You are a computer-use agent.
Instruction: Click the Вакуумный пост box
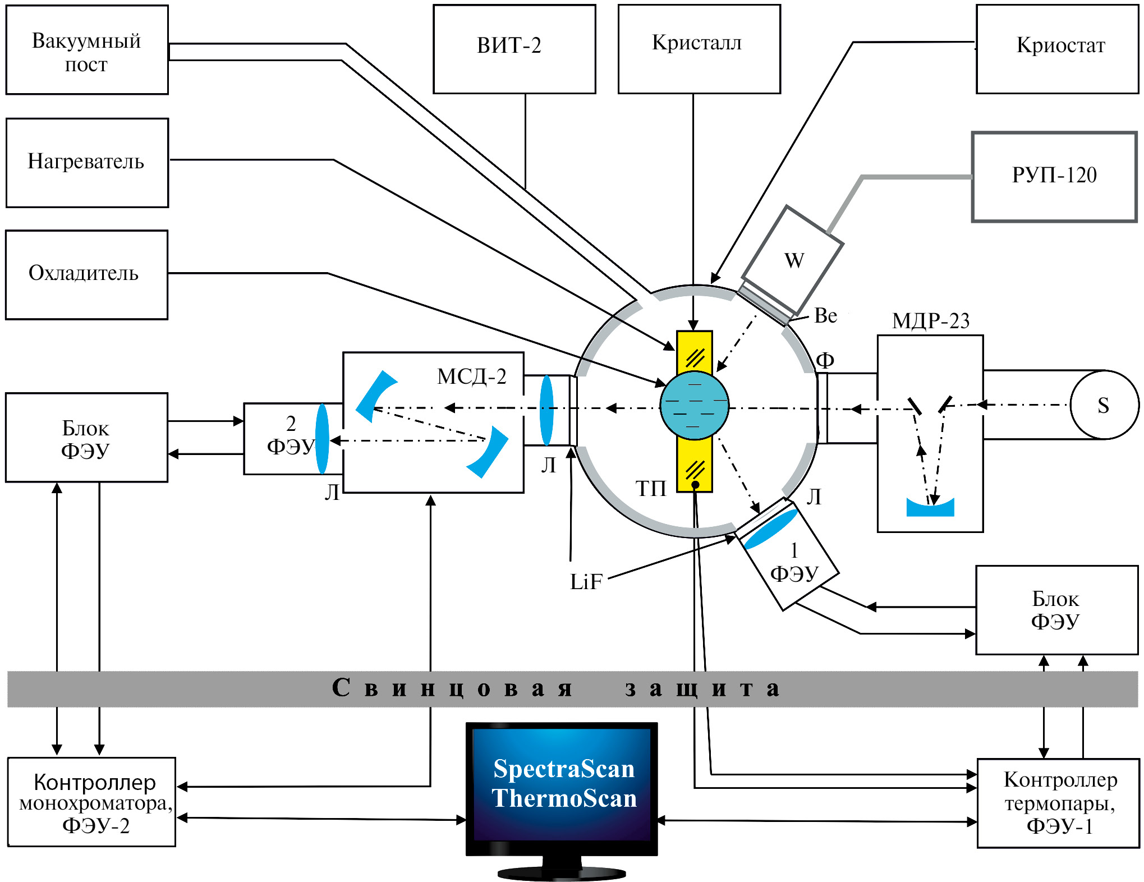[x=87, y=50]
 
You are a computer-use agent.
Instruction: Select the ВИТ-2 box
[x=514, y=49]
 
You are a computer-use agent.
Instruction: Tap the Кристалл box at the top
[x=699, y=49]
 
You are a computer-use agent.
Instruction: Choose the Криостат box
[x=1057, y=49]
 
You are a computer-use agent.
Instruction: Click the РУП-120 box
[x=1054, y=177]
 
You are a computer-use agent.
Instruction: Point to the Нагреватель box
[x=87, y=163]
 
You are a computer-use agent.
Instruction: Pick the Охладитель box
[x=86, y=274]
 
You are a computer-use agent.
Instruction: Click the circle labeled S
[x=1104, y=405]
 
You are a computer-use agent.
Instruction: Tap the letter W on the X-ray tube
[x=794, y=261]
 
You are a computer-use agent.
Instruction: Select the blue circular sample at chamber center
[x=694, y=405]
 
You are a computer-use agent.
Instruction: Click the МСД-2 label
[x=471, y=376]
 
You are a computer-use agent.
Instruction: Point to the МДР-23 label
[x=930, y=321]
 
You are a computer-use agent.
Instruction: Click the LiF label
[x=586, y=582]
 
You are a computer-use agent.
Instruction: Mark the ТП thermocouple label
[x=650, y=489]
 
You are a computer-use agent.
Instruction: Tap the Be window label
[x=825, y=316]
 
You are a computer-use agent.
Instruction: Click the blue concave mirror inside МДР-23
[x=930, y=507]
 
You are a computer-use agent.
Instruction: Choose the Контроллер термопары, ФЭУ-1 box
[x=1058, y=803]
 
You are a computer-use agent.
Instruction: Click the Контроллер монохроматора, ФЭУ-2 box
[x=93, y=803]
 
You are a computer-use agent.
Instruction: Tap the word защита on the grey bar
[x=701, y=689]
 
